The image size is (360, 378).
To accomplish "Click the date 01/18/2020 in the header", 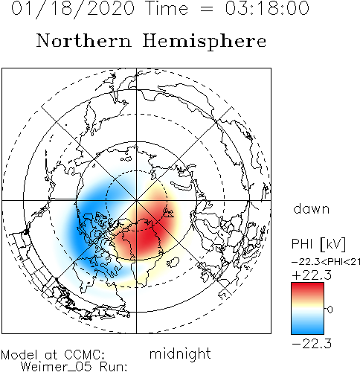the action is tap(73, 9).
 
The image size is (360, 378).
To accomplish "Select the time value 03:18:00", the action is tap(267, 8).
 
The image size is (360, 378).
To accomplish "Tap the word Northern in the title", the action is tap(84, 40).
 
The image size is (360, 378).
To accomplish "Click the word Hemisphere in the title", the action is tap(205, 42).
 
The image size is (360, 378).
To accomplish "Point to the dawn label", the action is tap(311, 209).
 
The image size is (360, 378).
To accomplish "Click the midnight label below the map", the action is tap(180, 354).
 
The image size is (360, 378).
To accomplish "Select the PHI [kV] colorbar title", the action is tap(318, 244).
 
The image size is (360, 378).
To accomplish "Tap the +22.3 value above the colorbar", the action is tap(312, 275).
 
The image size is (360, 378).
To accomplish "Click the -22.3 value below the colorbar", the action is tap(312, 344).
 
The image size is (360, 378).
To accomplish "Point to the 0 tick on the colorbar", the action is tap(330, 310).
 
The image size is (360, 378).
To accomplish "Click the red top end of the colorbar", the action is tap(307, 285).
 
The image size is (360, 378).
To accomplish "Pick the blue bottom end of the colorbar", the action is tap(307, 331).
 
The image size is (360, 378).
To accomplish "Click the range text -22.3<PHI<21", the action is tap(326, 262).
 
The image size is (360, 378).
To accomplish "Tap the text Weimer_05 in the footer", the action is tap(56, 367).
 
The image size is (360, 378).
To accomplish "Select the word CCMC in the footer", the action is tap(84, 355).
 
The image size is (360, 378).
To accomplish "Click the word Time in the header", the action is tap(167, 8).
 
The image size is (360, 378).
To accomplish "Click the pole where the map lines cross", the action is tap(136, 200).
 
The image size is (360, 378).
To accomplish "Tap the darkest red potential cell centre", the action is tap(147, 236).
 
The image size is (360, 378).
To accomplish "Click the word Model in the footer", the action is tap(19, 355).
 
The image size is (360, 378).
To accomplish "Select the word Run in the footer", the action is tap(113, 367).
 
